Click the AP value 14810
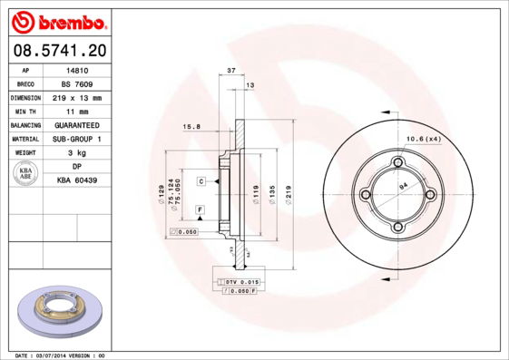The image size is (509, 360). point(77,69)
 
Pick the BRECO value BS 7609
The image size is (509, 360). point(77,83)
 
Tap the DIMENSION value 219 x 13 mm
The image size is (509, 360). point(77,97)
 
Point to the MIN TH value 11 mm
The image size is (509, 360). point(77,111)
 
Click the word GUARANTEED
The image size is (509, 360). point(77,124)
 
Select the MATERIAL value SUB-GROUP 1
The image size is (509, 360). point(77,139)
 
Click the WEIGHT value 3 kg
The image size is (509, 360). point(77,153)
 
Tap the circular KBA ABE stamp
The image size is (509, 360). point(26,174)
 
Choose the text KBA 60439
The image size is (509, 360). point(77,180)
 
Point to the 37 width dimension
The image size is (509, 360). point(231,70)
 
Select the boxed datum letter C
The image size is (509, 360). point(201,181)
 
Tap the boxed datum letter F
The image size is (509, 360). point(199,209)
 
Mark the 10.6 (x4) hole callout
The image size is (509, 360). point(422,138)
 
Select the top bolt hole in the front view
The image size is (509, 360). point(396,163)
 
